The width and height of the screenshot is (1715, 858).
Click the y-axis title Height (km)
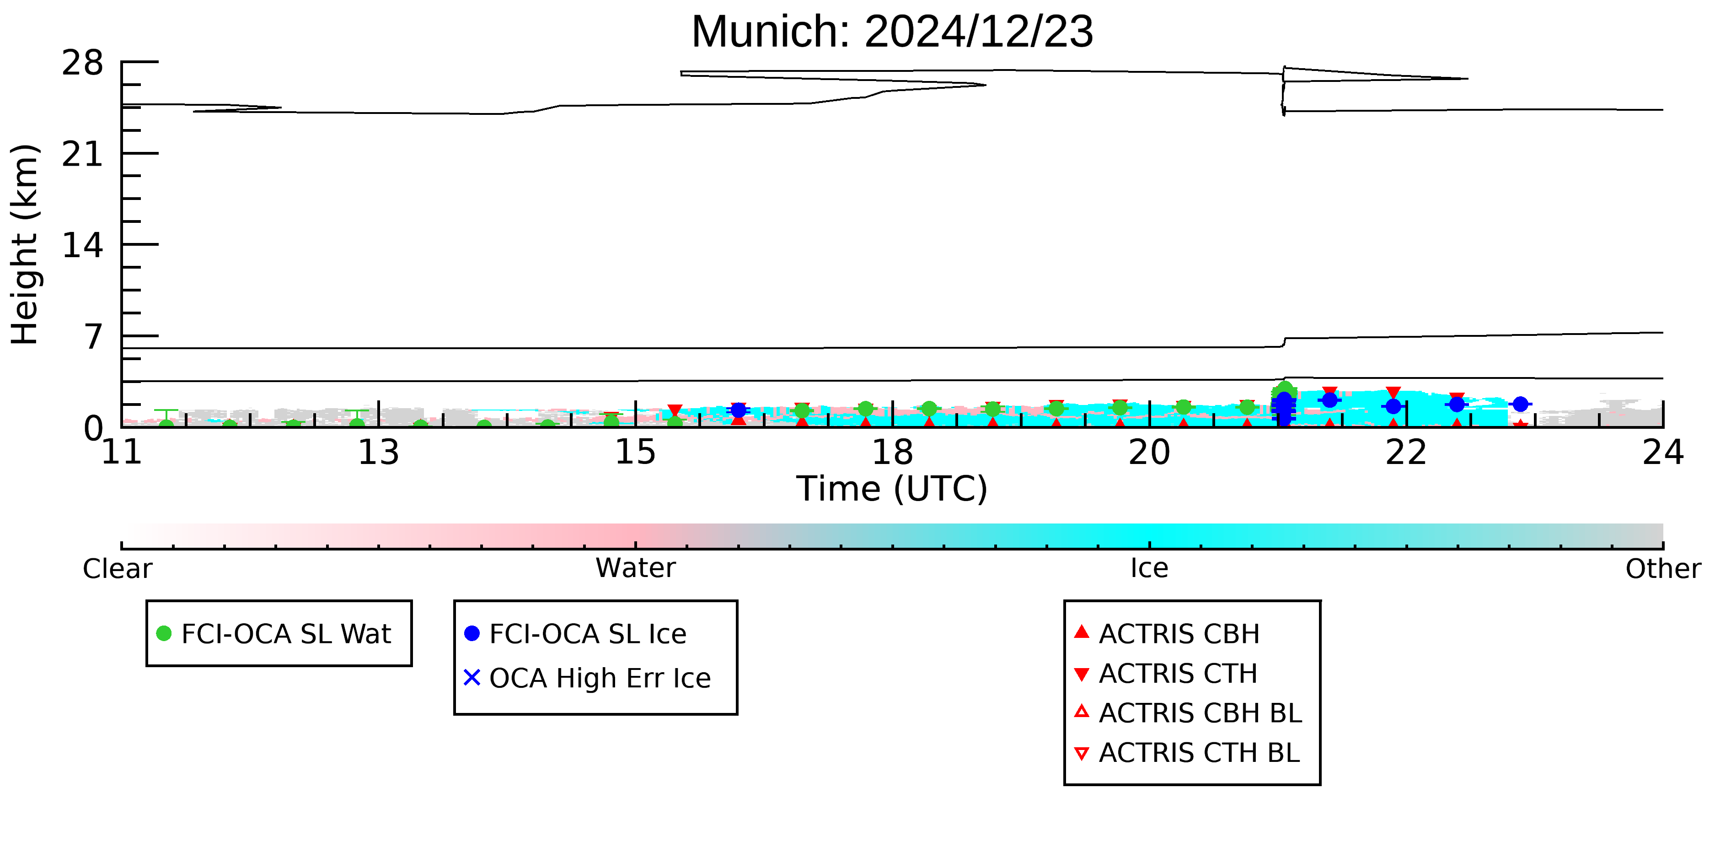click(25, 244)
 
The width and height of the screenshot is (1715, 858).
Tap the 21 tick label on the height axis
click(83, 155)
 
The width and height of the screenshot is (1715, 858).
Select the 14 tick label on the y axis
click(83, 246)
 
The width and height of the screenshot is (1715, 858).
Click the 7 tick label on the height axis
click(94, 337)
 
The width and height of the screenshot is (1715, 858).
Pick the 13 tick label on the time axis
click(378, 453)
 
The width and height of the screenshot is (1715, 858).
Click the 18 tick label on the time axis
click(892, 453)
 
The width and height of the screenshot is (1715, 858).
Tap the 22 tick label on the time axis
click(1406, 453)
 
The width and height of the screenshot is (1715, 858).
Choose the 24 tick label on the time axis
click(1663, 453)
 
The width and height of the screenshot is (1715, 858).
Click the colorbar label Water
click(636, 568)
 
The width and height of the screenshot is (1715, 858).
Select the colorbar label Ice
click(1149, 568)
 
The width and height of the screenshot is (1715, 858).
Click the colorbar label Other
click(1663, 569)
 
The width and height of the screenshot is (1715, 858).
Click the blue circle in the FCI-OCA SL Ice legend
click(472, 633)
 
